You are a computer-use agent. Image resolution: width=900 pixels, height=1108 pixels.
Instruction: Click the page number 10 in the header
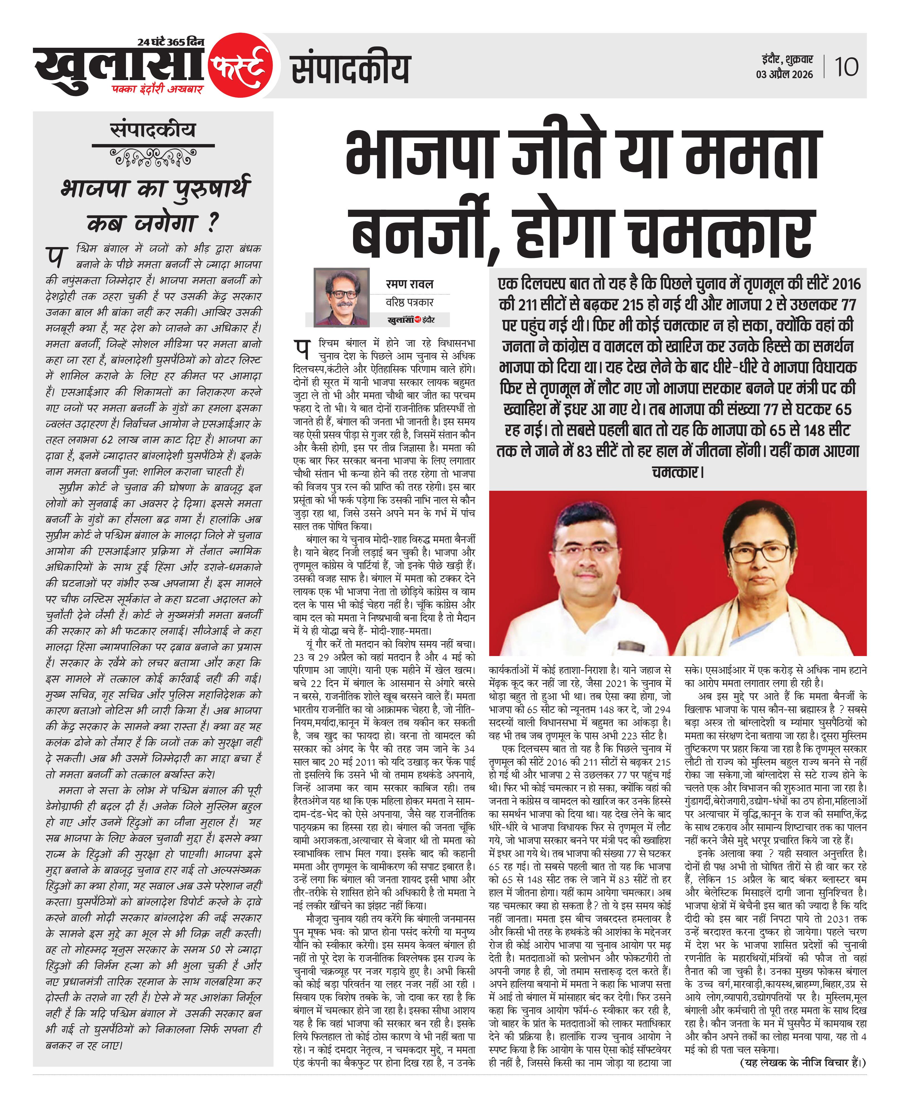[x=846, y=67]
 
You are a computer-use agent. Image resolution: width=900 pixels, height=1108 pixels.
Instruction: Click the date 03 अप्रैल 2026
[x=784, y=75]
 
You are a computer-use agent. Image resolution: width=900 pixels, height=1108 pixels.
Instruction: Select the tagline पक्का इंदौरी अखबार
[x=158, y=89]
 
